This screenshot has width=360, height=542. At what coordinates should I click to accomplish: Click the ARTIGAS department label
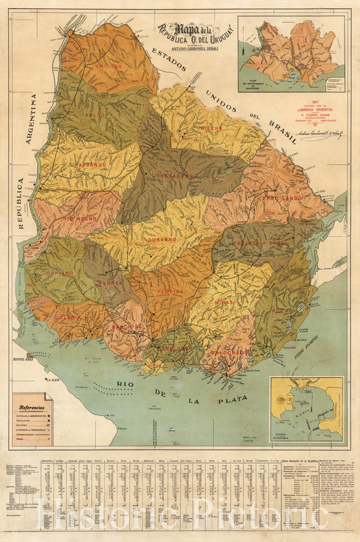pyautogui.click(x=109, y=67)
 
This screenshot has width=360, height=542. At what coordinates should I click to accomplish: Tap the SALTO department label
pyautogui.click(x=95, y=115)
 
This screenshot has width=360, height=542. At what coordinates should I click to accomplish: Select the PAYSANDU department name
pyautogui.click(x=91, y=164)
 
